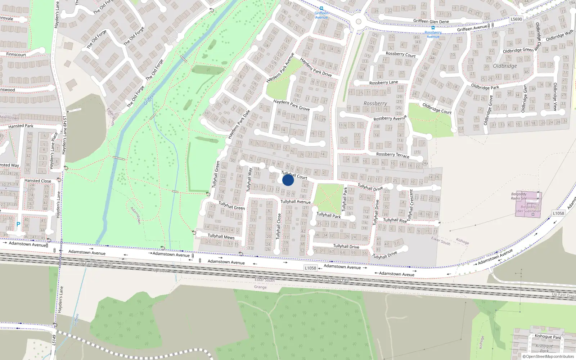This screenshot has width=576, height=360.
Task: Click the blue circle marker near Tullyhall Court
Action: tap(288, 180)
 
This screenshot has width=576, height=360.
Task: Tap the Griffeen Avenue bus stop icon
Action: tap(321, 8)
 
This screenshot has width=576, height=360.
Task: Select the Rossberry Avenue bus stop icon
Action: tap(433, 28)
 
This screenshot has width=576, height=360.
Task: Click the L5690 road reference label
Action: tap(516, 19)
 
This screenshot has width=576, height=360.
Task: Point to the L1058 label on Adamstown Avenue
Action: tap(310, 268)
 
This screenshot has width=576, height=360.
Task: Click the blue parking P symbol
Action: tap(18, 224)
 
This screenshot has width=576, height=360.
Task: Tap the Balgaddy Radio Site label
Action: tap(519, 196)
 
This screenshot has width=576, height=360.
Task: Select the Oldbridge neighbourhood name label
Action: tap(505, 66)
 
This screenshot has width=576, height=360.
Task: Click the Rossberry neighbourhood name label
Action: tap(375, 103)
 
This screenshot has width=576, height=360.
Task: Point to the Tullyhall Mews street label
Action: tap(221, 236)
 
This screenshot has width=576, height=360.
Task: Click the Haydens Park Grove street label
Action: tap(291, 105)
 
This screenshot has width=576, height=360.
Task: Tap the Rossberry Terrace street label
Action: tap(392, 154)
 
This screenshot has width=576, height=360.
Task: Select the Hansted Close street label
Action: tap(38, 181)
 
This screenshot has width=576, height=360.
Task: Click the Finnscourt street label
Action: tap(16, 54)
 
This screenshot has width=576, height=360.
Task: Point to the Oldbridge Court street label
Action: tap(437, 108)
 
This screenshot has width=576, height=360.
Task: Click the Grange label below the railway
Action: tap(260, 287)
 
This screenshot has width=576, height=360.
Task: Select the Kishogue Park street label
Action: tap(548, 336)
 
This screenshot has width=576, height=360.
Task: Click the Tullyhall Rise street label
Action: tap(395, 220)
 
